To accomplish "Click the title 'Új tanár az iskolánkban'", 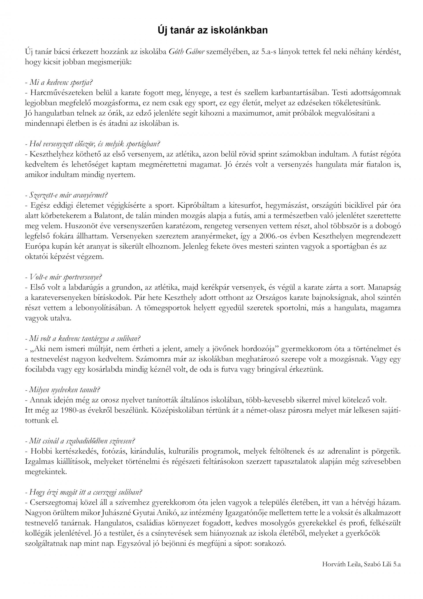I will pyautogui.click(x=213, y=30).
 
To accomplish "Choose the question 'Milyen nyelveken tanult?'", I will pyautogui.click(x=63, y=390).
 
